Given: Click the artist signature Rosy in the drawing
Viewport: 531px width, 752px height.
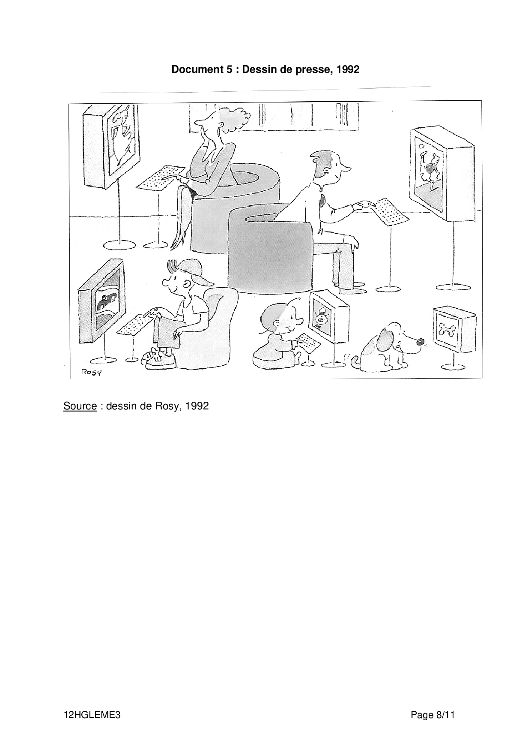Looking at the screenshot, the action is tap(92, 372).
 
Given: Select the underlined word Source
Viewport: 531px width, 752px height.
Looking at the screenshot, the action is tap(80, 406).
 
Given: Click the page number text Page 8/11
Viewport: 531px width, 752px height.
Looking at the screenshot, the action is tap(433, 715).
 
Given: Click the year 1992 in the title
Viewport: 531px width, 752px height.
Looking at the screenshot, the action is tap(348, 69).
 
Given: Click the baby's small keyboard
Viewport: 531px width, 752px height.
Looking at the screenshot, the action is tap(310, 343).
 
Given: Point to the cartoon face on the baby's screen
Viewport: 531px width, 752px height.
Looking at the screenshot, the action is tap(322, 318).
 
